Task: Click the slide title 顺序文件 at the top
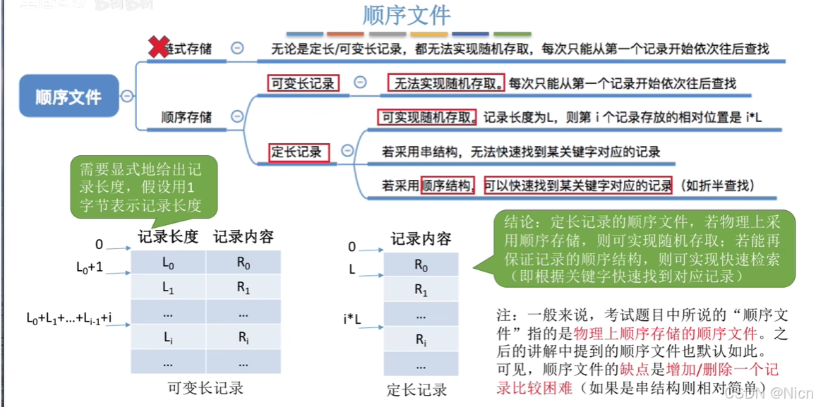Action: point(407,15)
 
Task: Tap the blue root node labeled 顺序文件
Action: point(68,97)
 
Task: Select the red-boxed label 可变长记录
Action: point(303,83)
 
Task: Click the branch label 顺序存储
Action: point(187,117)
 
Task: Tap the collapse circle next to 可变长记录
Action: point(360,83)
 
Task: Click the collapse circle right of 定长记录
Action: point(347,150)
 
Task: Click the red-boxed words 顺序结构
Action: point(448,186)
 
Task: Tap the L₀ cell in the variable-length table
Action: point(168,262)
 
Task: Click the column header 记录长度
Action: point(169,237)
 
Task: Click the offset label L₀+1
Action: point(90,267)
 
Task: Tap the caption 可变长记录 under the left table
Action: point(205,388)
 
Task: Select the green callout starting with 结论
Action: point(643,248)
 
